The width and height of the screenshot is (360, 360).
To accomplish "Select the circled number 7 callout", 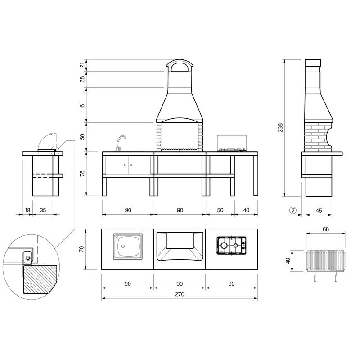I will click(x=293, y=210).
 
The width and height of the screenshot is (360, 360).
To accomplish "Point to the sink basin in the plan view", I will click(x=127, y=246).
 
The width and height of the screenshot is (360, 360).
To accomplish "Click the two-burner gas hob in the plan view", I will click(x=231, y=246).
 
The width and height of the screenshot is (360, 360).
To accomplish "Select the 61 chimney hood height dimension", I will click(x=82, y=105).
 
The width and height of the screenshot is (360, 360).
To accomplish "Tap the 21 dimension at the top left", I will click(x=82, y=65).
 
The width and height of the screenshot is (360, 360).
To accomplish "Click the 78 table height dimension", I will click(x=82, y=174).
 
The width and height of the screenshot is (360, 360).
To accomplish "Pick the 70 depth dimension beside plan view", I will click(x=82, y=249).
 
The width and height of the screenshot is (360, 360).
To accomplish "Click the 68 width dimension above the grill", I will click(x=325, y=229).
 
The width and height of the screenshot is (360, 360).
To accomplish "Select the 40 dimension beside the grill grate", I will click(x=288, y=261).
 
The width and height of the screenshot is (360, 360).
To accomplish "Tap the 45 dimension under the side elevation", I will click(x=319, y=210).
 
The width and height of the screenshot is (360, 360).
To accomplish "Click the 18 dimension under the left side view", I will click(x=27, y=210).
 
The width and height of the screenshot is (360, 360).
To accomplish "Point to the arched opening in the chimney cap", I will click(x=180, y=68).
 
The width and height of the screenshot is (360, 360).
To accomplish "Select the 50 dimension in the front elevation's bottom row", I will click(x=220, y=210).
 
